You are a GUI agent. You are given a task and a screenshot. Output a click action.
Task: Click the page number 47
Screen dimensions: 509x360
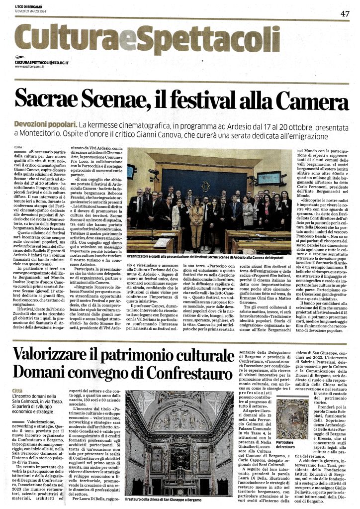click(x=345, y=13)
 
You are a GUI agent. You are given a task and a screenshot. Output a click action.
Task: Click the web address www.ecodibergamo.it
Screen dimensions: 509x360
click(x=30, y=66)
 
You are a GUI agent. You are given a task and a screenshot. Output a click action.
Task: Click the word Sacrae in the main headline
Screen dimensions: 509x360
click(x=44, y=100)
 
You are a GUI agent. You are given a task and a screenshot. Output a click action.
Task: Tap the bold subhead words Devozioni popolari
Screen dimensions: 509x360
click(x=40, y=123)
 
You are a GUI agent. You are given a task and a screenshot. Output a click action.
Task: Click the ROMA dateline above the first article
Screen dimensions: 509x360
click(x=19, y=148)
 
